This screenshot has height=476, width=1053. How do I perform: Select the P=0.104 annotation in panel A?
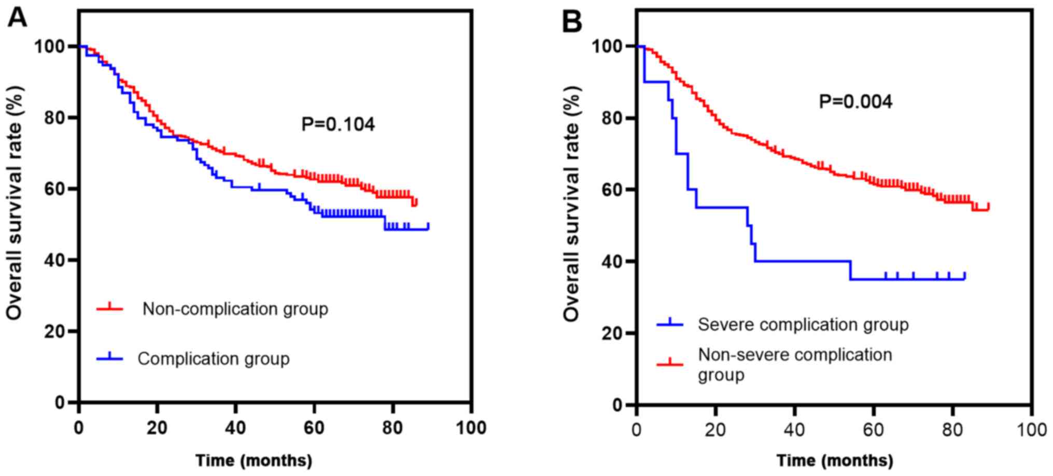click(x=338, y=124)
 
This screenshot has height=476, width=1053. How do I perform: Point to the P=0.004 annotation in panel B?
click(x=855, y=102)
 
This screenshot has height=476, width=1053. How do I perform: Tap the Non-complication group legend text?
click(x=235, y=309)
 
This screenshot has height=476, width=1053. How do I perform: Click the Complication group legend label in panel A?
click(x=213, y=358)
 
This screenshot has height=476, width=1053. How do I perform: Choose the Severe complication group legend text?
click(x=803, y=325)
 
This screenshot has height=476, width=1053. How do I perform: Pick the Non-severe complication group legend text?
click(x=795, y=364)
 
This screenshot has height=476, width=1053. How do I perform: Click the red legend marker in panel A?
click(x=109, y=308)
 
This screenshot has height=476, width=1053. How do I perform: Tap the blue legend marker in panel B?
click(x=670, y=324)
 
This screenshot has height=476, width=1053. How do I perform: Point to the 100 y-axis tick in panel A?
click(x=51, y=47)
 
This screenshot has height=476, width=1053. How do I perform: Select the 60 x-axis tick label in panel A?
click(x=314, y=428)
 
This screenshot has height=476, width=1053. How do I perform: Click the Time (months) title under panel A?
click(x=254, y=460)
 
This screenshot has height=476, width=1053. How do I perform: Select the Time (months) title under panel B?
click(x=835, y=460)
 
